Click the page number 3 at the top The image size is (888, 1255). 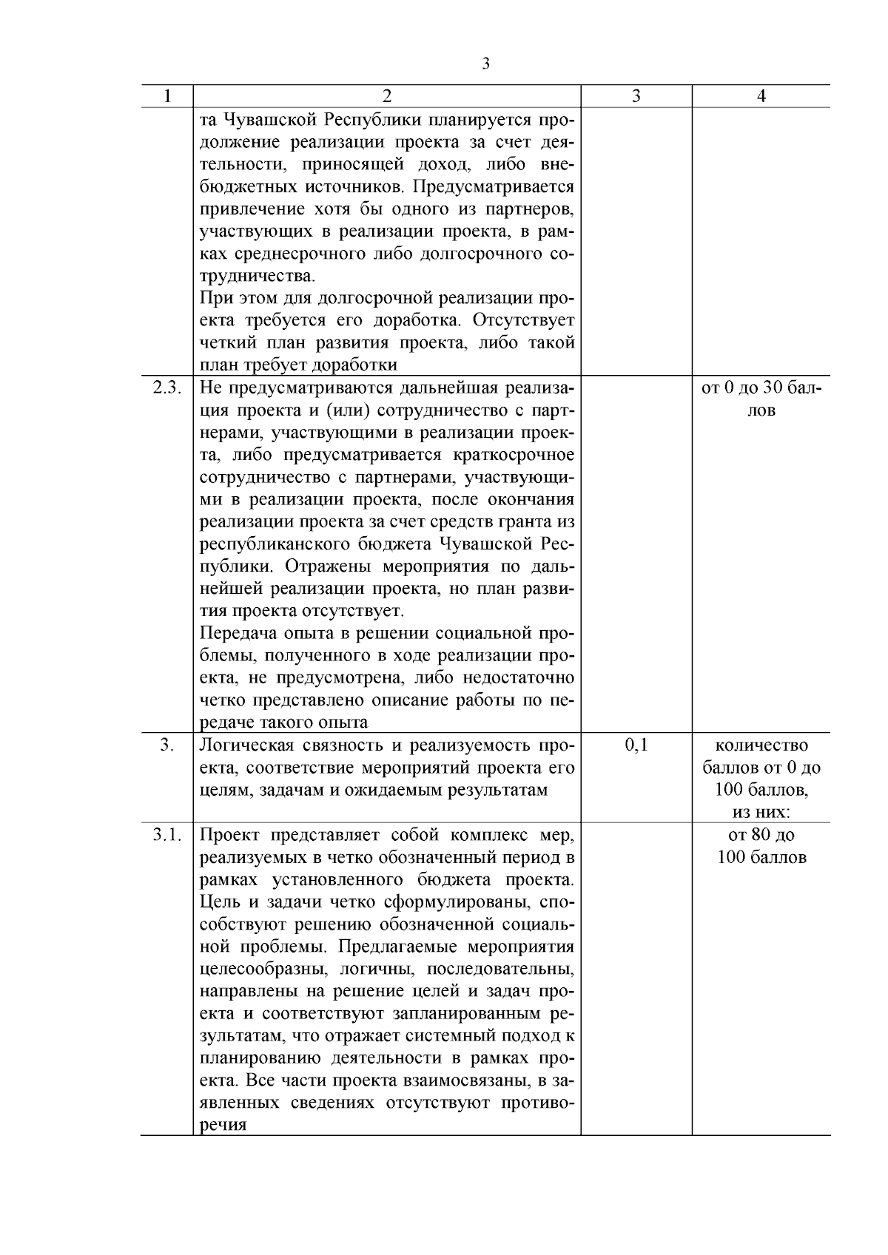[485, 64]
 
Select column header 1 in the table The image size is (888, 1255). [167, 96]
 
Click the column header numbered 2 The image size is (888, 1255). [386, 96]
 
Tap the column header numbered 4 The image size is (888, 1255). [761, 96]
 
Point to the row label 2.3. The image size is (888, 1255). [167, 388]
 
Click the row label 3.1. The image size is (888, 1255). [167, 836]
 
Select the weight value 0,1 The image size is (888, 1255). [636, 745]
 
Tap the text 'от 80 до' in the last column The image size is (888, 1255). [761, 836]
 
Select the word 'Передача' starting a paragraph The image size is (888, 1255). [232, 634]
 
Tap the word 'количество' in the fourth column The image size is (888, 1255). [761, 745]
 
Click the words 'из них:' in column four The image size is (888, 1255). [761, 813]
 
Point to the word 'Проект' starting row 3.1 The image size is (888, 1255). [229, 836]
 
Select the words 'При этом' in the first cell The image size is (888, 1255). [238, 299]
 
